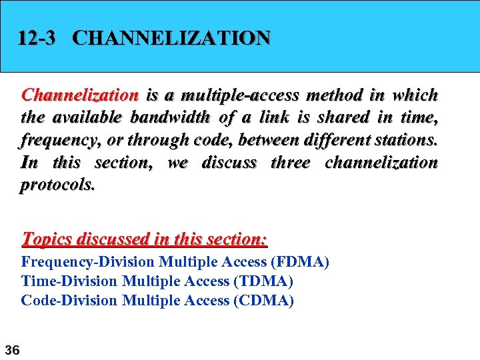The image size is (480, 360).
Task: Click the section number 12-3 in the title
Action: [x=37, y=38]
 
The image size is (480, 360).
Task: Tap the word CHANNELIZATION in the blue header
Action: [x=171, y=38]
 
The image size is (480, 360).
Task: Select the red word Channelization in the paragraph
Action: [x=80, y=95]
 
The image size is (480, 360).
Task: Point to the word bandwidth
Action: [x=169, y=118]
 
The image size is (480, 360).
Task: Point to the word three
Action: [x=290, y=163]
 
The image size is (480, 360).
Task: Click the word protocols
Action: [x=58, y=185]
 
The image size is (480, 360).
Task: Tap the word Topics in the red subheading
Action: [x=47, y=238]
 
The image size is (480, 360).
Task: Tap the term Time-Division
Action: [x=70, y=281]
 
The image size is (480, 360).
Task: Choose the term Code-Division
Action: [x=69, y=301]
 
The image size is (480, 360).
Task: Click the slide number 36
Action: [x=12, y=349]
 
